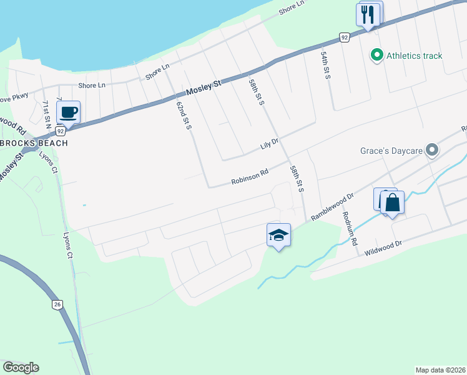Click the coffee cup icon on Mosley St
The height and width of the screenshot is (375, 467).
tap(69, 112)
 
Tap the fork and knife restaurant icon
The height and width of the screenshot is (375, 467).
tap(368, 14)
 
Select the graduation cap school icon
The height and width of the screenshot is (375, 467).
tap(278, 235)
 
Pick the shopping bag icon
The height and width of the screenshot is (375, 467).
tap(392, 202)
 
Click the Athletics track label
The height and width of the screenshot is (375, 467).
tap(414, 56)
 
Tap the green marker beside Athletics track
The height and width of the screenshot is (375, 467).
tap(376, 56)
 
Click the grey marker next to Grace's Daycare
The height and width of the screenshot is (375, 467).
tap(431, 150)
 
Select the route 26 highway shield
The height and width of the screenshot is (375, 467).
tap(57, 304)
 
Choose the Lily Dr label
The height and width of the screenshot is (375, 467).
tap(269, 148)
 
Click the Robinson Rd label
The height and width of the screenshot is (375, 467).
tap(249, 177)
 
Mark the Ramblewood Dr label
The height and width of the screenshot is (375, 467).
tap(332, 205)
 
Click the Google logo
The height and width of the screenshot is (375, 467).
tap(21, 367)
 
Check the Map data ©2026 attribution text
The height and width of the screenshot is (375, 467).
tap(440, 369)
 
